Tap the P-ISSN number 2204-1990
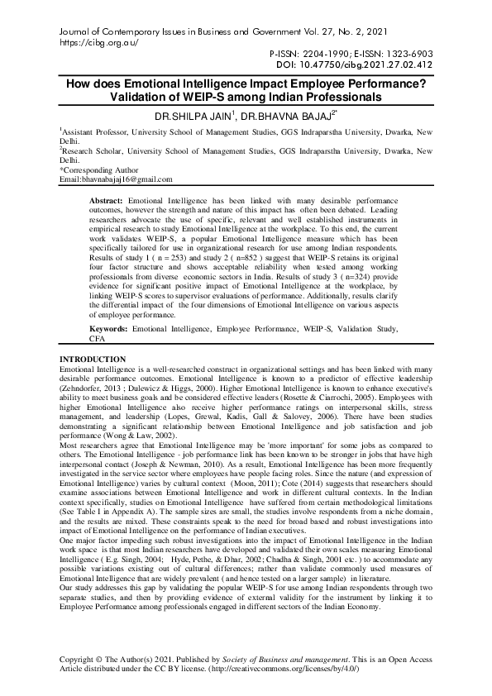322,51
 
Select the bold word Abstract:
107,201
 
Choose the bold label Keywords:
109,328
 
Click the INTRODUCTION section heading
93,359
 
